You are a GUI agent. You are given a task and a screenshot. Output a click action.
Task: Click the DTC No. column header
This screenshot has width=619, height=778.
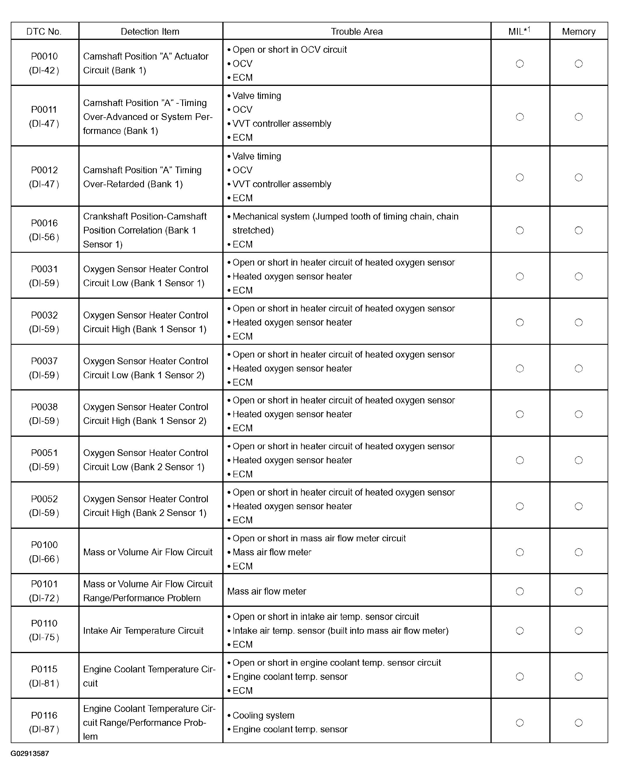point(44,32)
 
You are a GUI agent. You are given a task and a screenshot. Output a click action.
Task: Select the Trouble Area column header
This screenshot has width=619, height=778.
point(356,32)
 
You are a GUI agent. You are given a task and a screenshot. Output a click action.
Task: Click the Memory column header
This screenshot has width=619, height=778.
point(578,32)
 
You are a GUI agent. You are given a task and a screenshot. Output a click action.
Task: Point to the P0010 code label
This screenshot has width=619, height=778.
point(44,56)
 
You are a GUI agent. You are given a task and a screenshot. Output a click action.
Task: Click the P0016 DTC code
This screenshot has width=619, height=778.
point(44,223)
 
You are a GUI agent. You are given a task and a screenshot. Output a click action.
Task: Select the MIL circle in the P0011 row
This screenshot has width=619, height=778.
point(520,117)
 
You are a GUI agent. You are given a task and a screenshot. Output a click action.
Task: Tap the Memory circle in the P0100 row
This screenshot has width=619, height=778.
point(578,552)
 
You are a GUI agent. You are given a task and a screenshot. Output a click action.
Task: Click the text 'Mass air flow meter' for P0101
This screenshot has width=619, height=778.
point(267,591)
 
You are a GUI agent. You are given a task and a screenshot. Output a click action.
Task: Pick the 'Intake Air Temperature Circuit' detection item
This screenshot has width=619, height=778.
point(143,630)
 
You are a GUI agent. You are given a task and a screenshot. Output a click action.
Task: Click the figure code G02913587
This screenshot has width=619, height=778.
point(30,754)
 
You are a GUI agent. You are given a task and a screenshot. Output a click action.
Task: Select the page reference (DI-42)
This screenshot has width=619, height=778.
point(44,70)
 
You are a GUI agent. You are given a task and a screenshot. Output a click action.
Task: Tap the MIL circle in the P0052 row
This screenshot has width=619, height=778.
point(520,506)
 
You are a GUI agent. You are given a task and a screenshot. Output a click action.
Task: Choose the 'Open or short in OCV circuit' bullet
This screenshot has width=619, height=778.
point(289,49)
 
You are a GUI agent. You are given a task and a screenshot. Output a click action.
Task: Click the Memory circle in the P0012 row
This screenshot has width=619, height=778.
point(578,178)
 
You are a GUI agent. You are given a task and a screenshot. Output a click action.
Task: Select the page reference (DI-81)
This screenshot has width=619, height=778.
point(44,683)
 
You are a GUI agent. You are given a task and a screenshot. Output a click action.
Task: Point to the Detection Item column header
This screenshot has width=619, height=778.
point(150,32)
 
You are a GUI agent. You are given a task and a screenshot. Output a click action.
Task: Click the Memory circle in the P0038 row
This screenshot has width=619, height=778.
point(578,414)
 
